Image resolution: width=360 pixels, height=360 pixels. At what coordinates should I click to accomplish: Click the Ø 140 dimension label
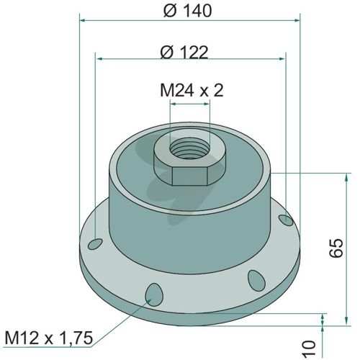pyautogui.click(x=187, y=11)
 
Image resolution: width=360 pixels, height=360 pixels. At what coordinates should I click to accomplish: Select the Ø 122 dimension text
pyautogui.click(x=184, y=52)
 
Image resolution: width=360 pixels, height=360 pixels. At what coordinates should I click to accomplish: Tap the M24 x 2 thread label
pyautogui.click(x=192, y=91)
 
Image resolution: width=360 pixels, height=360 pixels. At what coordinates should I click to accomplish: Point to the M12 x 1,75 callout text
pyautogui.click(x=49, y=338)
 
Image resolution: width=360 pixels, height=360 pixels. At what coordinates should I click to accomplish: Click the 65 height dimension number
pyautogui.click(x=336, y=248)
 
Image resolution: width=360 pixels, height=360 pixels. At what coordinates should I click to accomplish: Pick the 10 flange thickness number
pyautogui.click(x=310, y=348)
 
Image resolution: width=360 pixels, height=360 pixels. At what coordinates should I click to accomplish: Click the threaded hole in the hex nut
pyautogui.click(x=189, y=148)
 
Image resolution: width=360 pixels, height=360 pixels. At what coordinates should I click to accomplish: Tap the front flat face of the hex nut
pyautogui.click(x=189, y=176)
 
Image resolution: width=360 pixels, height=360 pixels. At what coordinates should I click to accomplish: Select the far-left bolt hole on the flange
pyautogui.click(x=95, y=244)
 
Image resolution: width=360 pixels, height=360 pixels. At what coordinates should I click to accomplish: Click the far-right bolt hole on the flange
pyautogui.click(x=286, y=220)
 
